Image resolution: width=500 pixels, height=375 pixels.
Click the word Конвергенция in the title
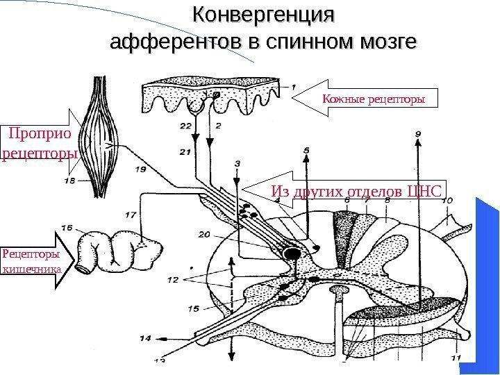pyautogui.click(x=263, y=15)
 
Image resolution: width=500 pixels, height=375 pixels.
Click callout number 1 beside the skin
pyautogui.click(x=292, y=87)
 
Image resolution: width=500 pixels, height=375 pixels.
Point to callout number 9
pyautogui.click(x=417, y=130)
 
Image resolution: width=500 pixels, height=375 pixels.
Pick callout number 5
pyautogui.click(x=307, y=149)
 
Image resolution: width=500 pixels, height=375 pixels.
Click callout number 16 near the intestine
pyautogui.click(x=67, y=226)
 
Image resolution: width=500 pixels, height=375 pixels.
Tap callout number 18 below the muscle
pyautogui.click(x=69, y=181)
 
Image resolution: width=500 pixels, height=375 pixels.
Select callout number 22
pyautogui.click(x=185, y=126)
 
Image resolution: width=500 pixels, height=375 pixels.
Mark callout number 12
pyautogui.click(x=173, y=279)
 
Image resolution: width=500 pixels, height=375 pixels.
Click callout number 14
pyautogui.click(x=144, y=338)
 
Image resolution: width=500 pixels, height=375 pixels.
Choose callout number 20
pyautogui.click(x=204, y=234)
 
